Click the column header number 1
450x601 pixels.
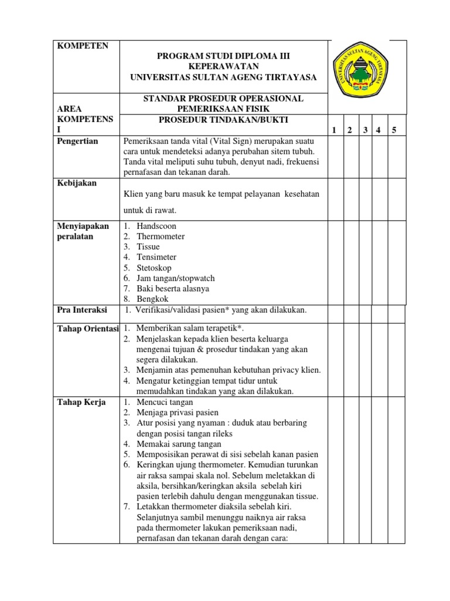click(334, 130)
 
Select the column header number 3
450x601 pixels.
click(365, 130)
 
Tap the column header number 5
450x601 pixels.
click(394, 130)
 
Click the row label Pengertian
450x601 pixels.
click(77, 141)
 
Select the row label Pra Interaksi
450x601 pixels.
click(81, 309)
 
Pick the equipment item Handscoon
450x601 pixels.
click(156, 226)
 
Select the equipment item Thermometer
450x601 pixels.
click(161, 237)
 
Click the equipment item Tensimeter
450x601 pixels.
click(156, 257)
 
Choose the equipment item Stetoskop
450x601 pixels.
click(154, 268)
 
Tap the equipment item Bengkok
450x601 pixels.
click(152, 299)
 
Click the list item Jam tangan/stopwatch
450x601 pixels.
click(176, 278)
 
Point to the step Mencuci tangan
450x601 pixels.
click(165, 402)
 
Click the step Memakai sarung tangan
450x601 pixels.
click(175, 444)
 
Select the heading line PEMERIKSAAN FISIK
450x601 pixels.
click(223, 109)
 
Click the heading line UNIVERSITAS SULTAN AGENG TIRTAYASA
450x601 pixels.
click(223, 77)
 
